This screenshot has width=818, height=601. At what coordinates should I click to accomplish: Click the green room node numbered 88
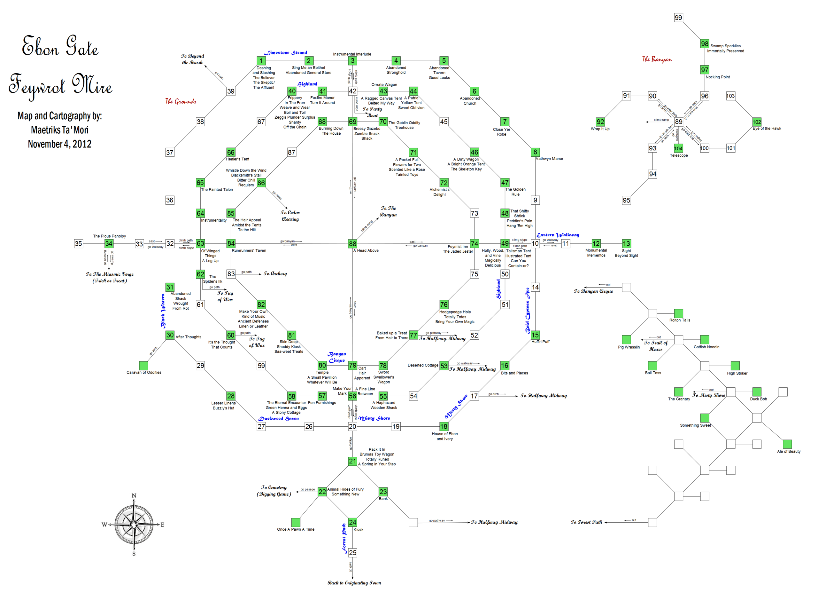352,244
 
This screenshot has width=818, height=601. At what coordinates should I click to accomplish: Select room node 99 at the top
678,18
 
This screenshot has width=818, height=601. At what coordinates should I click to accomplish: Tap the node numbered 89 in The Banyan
678,122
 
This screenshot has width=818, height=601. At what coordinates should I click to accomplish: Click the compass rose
134,524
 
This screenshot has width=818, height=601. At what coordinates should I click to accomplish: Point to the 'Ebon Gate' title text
60,47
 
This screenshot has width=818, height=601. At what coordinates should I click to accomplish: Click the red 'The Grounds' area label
181,101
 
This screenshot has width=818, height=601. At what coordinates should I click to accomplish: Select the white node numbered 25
352,553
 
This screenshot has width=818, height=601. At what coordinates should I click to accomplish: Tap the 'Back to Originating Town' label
354,583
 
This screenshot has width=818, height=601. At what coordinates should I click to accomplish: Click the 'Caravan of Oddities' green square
143,366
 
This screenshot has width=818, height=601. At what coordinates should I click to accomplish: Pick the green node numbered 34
109,244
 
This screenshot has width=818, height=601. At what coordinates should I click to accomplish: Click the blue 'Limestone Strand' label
286,53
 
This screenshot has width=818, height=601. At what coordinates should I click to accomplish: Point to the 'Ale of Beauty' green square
787,444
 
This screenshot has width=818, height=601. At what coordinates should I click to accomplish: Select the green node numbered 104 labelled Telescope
678,148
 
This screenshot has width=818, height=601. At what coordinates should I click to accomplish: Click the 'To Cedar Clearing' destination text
290,216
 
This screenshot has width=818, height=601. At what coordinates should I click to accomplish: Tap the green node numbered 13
626,244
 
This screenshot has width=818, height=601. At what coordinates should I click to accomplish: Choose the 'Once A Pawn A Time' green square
296,522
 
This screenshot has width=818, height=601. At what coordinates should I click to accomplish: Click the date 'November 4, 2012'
60,144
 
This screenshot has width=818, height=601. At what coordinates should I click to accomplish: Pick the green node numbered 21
352,461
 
